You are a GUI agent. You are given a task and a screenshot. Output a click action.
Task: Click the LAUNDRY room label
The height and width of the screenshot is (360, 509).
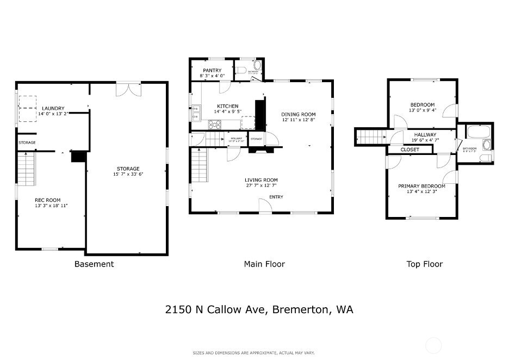tap(53, 108)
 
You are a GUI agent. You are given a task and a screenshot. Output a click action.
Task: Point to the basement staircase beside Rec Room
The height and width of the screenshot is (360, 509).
tap(26, 169)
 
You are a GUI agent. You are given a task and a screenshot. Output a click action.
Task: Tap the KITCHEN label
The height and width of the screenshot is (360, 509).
tap(228, 106)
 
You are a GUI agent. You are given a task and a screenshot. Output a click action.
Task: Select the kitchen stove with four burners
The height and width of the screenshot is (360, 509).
tap(215, 124)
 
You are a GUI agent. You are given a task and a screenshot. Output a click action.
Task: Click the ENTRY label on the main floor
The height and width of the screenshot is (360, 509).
tap(276, 197)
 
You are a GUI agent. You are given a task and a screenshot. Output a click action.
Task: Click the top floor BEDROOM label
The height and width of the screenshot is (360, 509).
tap(422, 105)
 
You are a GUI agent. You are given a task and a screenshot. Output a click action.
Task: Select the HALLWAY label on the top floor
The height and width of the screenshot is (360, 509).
tap(425, 135)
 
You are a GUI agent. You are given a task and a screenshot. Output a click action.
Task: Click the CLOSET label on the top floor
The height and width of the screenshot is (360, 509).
tap(410, 150)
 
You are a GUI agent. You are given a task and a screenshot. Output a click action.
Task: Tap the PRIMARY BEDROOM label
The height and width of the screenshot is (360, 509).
tap(421, 186)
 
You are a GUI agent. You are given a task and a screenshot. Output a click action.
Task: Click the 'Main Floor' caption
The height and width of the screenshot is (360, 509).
tap(264, 264)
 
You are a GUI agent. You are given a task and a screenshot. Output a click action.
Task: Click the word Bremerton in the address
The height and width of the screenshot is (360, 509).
tap(301, 310)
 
